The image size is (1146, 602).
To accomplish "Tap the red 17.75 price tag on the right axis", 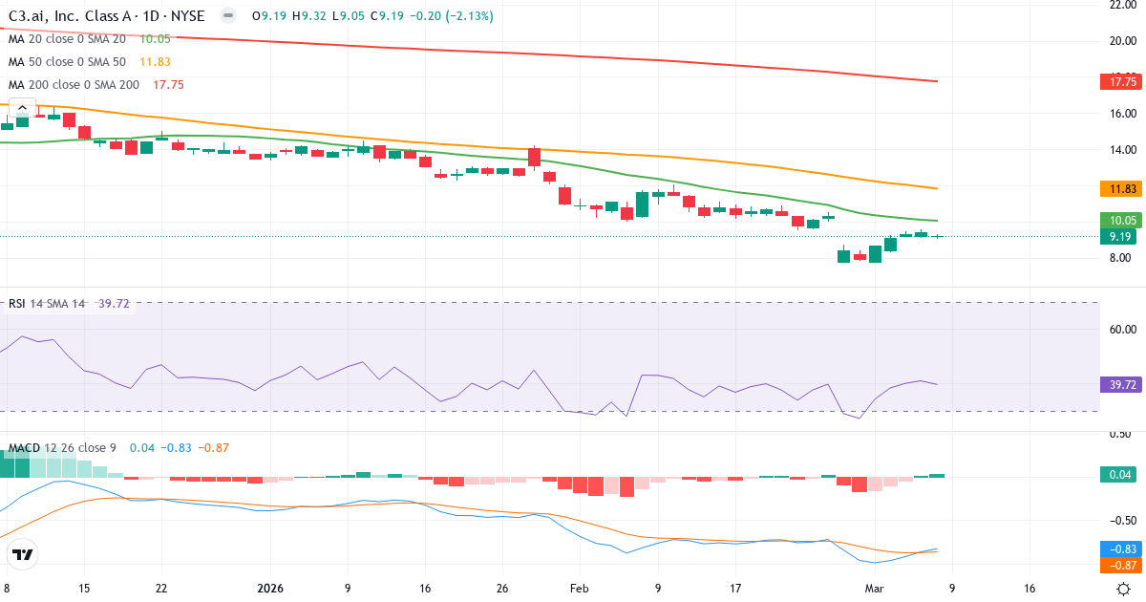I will point(1121,83).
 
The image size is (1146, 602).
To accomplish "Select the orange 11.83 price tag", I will point(1121,188).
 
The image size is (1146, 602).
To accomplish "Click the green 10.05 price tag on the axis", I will point(1121,220).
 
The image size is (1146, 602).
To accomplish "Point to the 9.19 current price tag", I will point(1121,236).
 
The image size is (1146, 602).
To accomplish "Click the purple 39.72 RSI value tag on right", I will point(1121,384).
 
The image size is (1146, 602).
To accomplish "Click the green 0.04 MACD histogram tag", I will point(1121,475).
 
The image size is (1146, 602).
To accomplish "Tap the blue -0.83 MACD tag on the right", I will point(1121,549).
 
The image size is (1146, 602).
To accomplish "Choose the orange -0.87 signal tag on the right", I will point(1121,565).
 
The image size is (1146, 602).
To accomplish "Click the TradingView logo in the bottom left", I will point(23,554).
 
